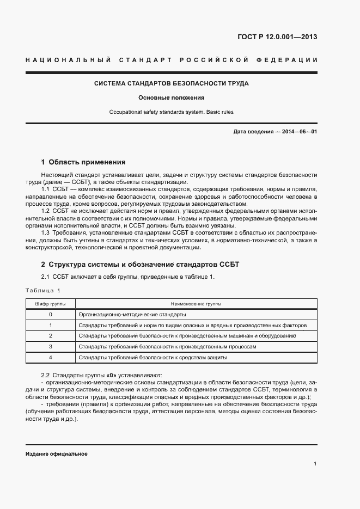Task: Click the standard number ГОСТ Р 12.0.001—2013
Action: [277, 37]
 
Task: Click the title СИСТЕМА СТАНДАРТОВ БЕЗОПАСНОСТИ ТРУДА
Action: [172, 84]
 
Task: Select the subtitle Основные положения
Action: [171, 98]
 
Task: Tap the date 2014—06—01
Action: [300, 132]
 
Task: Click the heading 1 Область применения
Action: [83, 162]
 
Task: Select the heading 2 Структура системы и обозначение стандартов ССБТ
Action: [140, 265]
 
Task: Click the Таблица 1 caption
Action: [44, 290]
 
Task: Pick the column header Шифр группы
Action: [51, 304]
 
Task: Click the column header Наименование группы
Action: [196, 304]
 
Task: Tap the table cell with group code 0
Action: [51, 315]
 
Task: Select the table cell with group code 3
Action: [51, 346]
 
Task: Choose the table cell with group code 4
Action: [51, 357]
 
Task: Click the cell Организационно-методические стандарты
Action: [132, 315]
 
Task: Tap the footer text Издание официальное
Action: [56, 454]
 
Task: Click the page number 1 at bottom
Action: [315, 463]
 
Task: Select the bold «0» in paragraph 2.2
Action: [112, 376]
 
